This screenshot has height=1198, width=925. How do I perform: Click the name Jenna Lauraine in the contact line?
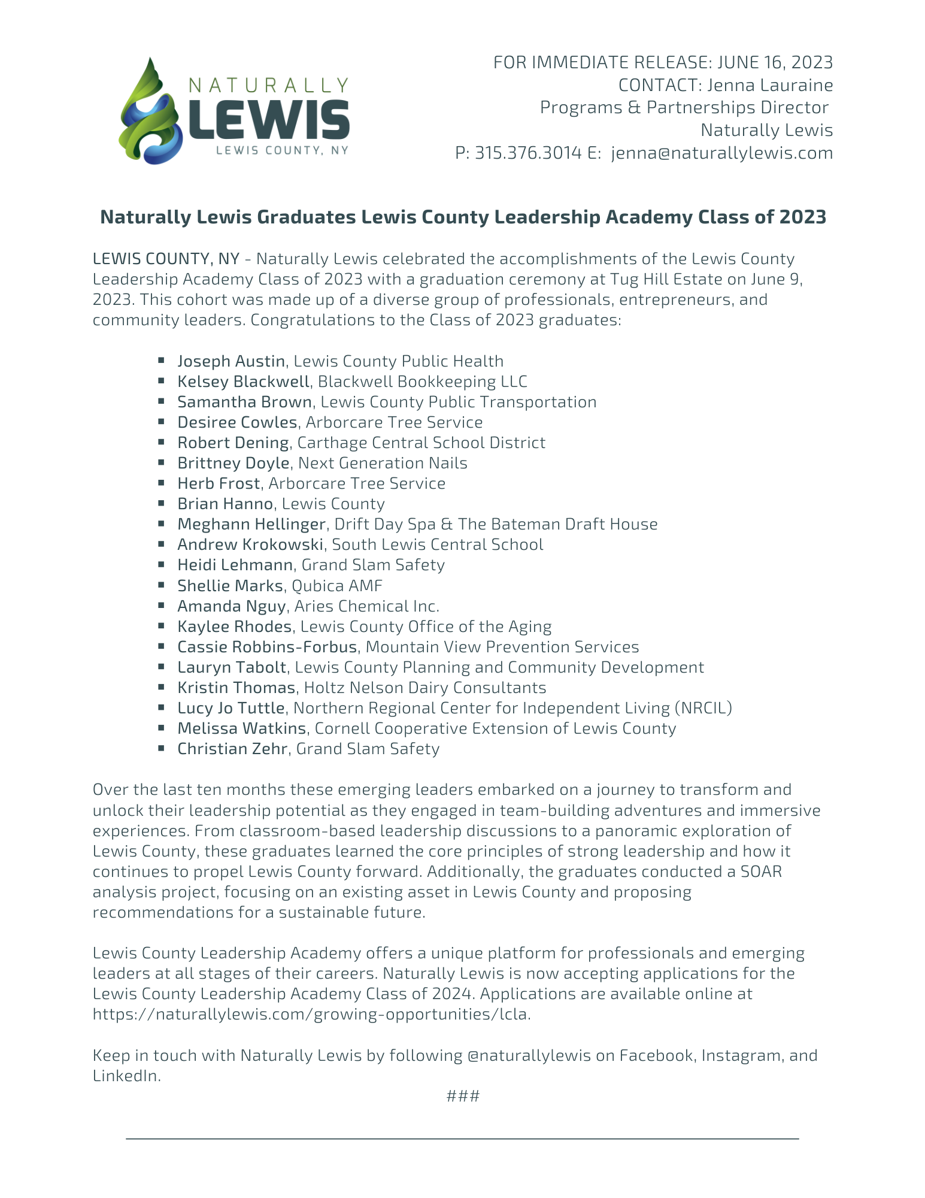click(770, 85)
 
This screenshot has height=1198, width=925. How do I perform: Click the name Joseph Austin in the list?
click(231, 361)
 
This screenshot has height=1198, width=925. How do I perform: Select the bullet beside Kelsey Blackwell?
click(162, 381)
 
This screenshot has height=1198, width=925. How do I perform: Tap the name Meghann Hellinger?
click(251, 524)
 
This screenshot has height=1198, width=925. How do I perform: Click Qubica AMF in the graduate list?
click(337, 585)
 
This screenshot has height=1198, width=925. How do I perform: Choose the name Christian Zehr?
click(232, 749)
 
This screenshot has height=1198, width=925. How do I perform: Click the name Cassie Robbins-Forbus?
click(268, 647)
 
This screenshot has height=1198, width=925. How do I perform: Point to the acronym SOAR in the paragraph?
click(761, 872)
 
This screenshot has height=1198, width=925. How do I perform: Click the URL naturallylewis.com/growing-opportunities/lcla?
click(311, 1014)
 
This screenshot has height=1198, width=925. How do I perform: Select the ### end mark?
click(463, 1096)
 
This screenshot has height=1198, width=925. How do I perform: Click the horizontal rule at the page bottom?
click(462, 1138)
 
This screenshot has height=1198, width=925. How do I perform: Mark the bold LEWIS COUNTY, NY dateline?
click(166, 259)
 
